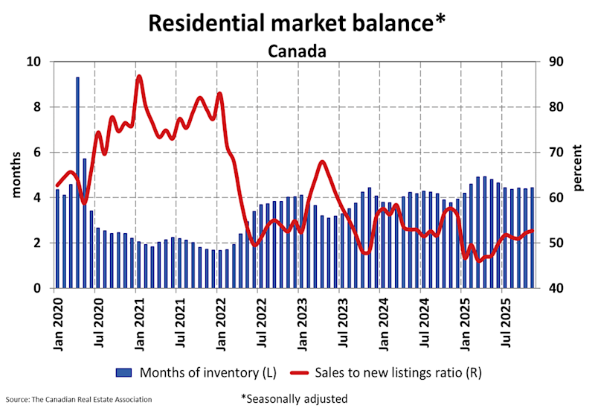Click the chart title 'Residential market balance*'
(x=297, y=22)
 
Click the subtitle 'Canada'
(x=297, y=51)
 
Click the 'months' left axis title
(x=16, y=175)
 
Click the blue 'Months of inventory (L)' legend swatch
(x=123, y=370)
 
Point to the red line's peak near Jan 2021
(x=139, y=77)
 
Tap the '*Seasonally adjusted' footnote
(x=294, y=398)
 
